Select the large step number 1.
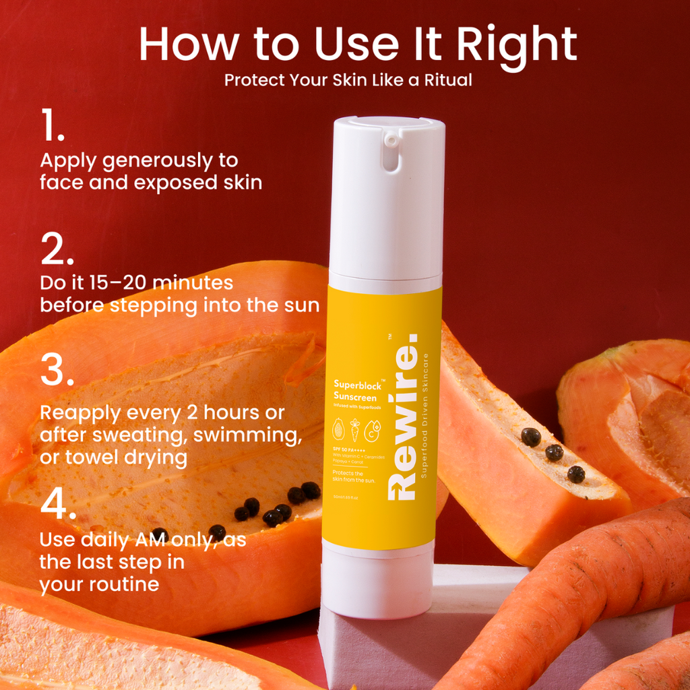pyautogui.click(x=51, y=127)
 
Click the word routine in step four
pyautogui.click(x=119, y=584)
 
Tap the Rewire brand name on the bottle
pyautogui.click(x=402, y=418)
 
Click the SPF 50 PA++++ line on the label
pyautogui.click(x=349, y=449)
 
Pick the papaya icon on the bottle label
pyautogui.click(x=338, y=429)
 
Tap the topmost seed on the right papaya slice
pyautogui.click(x=531, y=437)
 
